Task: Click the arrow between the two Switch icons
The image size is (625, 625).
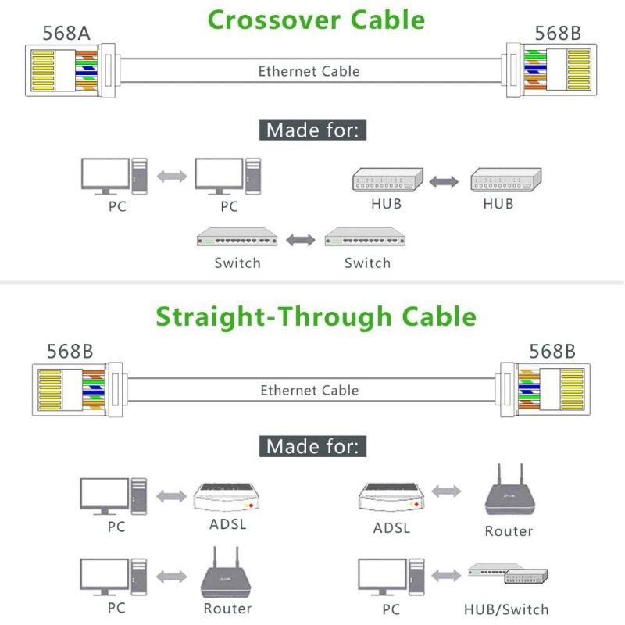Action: (300, 240)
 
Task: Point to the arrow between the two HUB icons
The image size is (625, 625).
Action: (445, 181)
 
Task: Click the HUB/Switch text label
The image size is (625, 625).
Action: (506, 609)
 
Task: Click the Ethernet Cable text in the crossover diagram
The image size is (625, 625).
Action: (309, 71)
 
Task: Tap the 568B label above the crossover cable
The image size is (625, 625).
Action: (557, 33)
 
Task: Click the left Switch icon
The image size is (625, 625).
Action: (237, 237)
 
